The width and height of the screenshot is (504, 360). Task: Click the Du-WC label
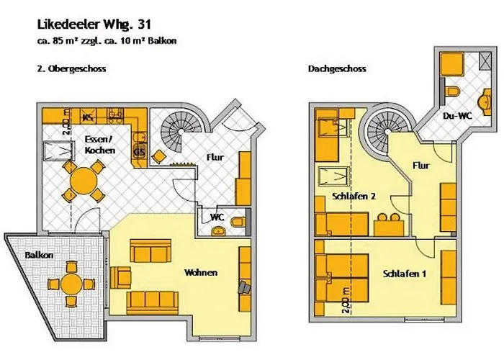457,115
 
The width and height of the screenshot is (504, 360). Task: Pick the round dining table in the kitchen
85,179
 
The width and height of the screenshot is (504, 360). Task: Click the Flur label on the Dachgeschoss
422,166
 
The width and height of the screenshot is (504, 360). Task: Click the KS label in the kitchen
88,116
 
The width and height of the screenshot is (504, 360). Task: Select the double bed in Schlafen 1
345,276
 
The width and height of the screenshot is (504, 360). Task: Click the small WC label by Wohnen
216,217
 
